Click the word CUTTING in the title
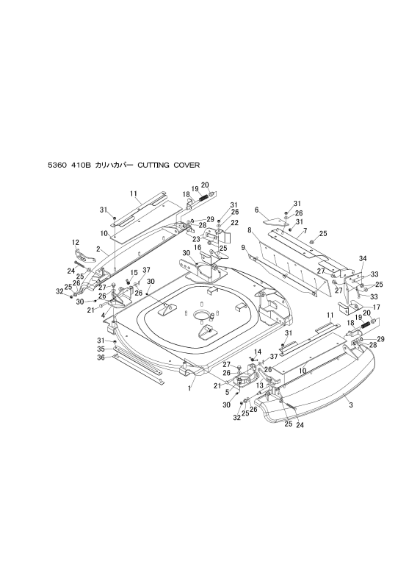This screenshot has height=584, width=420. pyautogui.click(x=153, y=165)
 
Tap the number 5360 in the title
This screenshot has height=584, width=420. pyautogui.click(x=57, y=165)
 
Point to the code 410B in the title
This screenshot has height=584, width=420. pyautogui.click(x=81, y=165)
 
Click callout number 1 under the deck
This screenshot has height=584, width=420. pyautogui.click(x=189, y=388)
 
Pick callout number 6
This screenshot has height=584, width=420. pyautogui.click(x=256, y=210)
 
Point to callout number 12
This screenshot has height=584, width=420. pyautogui.click(x=76, y=243)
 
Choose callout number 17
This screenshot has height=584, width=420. pyautogui.click(x=376, y=307)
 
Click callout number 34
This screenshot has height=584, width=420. pyautogui.click(x=363, y=258)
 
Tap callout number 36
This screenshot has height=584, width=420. pyautogui.click(x=101, y=357)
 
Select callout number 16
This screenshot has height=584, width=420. pyautogui.click(x=198, y=248)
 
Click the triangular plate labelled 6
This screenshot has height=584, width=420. pyautogui.click(x=275, y=221)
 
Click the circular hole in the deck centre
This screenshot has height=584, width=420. pyautogui.click(x=201, y=315)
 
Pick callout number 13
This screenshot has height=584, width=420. pyautogui.click(x=260, y=385)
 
